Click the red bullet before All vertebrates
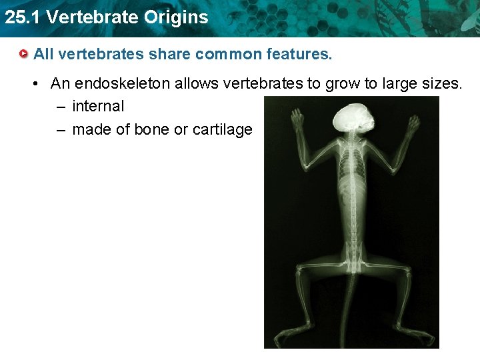click(x=24, y=54)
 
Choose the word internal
click(x=98, y=106)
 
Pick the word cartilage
click(x=222, y=129)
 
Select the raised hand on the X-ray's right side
click(x=413, y=125)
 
